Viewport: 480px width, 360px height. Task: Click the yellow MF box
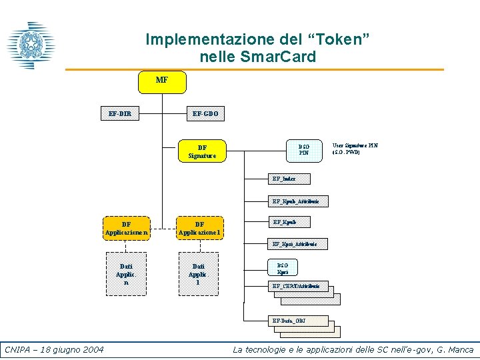coord(162,81)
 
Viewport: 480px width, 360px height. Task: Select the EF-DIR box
coord(119,114)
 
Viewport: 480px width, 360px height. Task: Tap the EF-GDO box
coord(205,114)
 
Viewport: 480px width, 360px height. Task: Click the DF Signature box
coord(202,151)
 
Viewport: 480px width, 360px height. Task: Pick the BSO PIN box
coord(303,149)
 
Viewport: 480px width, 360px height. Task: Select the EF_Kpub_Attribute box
coord(295,201)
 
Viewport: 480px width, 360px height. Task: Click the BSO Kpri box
coord(283,269)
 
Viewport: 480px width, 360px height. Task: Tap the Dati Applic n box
coord(125,274)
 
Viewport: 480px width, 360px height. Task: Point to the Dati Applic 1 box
coord(198,274)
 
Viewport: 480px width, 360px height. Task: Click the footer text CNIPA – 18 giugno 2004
coord(54,350)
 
